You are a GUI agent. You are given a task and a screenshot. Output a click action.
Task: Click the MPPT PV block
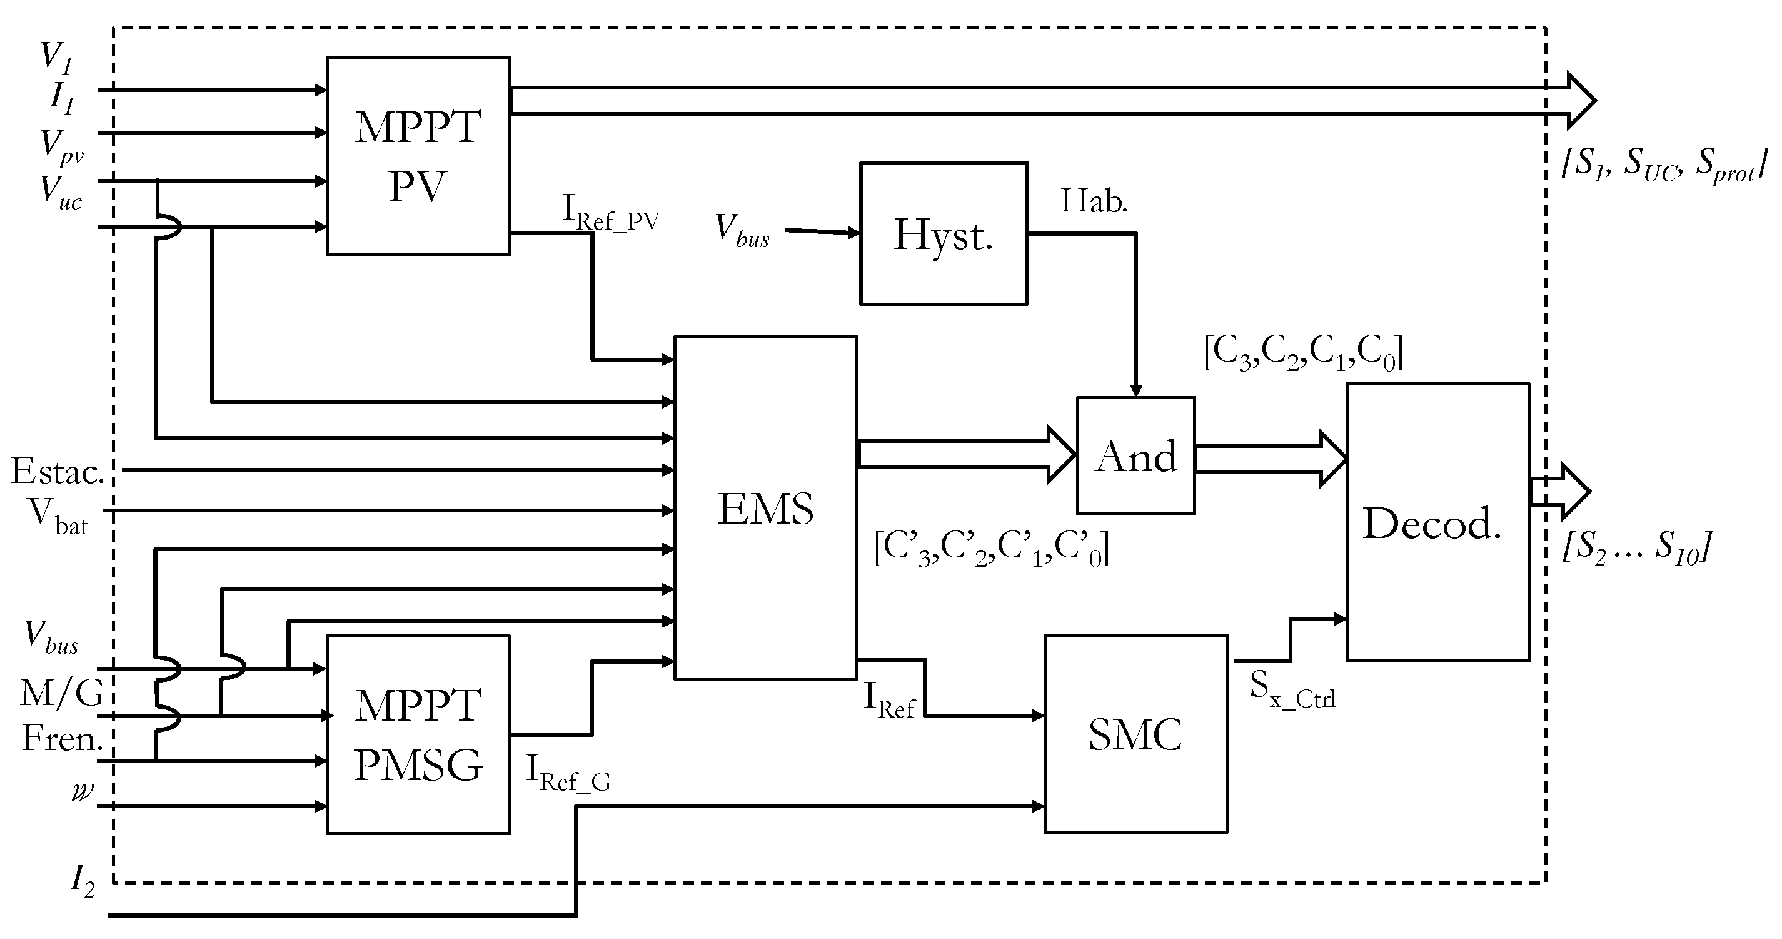click(418, 156)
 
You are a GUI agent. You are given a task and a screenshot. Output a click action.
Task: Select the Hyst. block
click(943, 234)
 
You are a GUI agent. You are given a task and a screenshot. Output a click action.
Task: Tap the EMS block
click(765, 508)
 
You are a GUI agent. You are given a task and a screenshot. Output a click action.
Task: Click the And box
click(1135, 455)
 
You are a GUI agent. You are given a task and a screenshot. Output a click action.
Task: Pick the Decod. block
click(1437, 522)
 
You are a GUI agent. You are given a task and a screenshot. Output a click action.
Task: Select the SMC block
click(1135, 733)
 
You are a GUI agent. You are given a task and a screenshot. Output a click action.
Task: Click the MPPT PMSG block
click(418, 734)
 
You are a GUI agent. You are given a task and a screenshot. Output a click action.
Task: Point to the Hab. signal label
click(1094, 201)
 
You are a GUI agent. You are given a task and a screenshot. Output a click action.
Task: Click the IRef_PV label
click(611, 213)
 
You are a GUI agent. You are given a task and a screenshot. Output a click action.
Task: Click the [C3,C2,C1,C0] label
click(1303, 353)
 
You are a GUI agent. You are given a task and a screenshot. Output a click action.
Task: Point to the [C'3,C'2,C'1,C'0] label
click(991, 549)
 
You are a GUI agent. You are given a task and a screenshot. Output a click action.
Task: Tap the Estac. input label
click(57, 472)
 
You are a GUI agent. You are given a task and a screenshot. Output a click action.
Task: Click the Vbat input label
click(58, 516)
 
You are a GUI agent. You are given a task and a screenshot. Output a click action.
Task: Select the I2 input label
click(83, 881)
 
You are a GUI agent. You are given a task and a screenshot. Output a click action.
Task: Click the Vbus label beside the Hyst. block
click(742, 230)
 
